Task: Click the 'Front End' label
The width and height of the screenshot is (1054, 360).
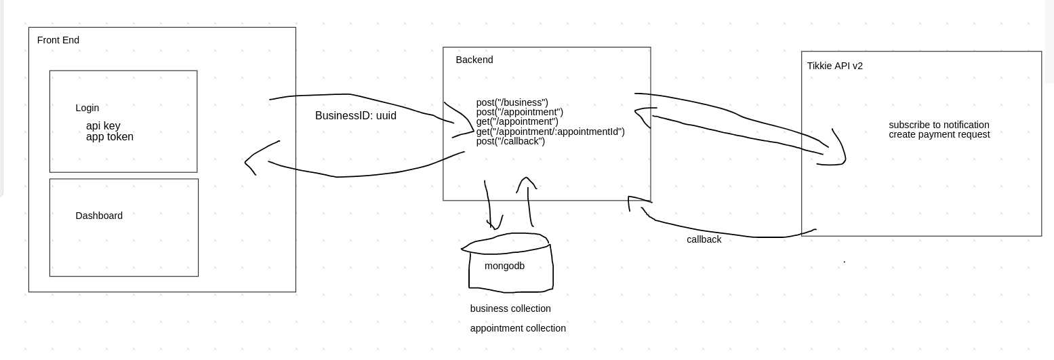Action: pos(58,40)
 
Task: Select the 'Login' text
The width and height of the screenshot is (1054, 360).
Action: pos(87,108)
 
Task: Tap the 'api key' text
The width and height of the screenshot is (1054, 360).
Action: pos(103,126)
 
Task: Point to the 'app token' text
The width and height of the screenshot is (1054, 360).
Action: pos(110,137)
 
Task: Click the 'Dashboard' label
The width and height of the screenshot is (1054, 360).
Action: pos(99,216)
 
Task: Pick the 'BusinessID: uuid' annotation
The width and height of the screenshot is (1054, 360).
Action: pos(356,116)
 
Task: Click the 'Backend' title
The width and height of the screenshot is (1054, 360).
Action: pos(474,60)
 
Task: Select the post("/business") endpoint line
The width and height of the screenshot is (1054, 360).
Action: pos(512,103)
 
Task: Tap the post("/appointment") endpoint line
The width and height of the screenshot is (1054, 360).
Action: pos(519,113)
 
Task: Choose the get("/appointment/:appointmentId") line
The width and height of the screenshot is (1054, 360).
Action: pos(550,132)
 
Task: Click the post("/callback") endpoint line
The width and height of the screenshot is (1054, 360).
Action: pos(510,141)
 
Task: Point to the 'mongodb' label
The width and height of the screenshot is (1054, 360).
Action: pos(504,266)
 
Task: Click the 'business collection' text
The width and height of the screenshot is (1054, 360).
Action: pos(510,308)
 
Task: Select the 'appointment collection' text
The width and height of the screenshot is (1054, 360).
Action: pos(518,328)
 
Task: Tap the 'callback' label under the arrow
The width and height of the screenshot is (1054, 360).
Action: pos(704,239)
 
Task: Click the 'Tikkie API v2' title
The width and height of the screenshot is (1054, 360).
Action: pos(835,66)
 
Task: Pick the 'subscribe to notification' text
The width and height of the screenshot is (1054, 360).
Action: pos(939,125)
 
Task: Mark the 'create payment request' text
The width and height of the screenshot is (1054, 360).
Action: pos(939,134)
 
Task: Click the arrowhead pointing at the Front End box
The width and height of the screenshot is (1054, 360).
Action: pos(248,162)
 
